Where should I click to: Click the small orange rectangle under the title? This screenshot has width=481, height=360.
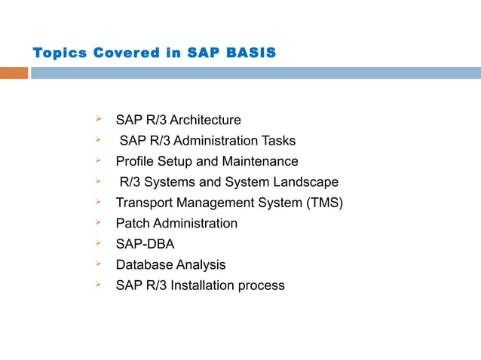click(14, 73)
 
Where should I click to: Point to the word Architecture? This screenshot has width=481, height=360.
click(205, 120)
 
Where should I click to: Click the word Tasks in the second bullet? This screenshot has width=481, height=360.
click(278, 141)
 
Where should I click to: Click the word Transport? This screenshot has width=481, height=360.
click(142, 203)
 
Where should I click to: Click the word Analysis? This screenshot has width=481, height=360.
click(201, 265)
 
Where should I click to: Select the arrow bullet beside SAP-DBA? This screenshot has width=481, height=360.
click(98, 243)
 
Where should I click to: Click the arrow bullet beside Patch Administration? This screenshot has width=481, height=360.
click(98, 223)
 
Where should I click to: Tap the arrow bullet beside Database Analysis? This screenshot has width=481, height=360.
click(98, 264)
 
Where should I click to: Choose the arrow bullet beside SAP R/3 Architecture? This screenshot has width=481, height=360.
click(98, 119)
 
